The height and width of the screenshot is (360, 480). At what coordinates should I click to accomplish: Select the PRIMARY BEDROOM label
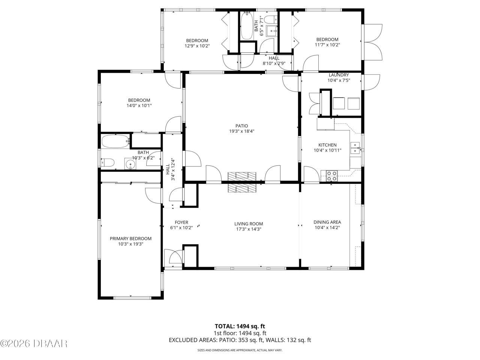(x=130, y=238)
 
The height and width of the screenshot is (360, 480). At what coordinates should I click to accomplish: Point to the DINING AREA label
(x=327, y=222)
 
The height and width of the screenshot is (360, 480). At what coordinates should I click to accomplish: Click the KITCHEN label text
(x=327, y=145)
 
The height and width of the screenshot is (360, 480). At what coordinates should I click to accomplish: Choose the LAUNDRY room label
(x=339, y=75)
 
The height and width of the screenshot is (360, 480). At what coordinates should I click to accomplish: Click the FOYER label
(x=181, y=222)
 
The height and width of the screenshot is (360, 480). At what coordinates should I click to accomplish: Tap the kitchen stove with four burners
(x=331, y=175)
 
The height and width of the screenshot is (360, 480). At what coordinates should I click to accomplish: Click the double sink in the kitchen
(x=355, y=148)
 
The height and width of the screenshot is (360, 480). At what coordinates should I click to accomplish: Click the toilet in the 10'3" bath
(x=108, y=163)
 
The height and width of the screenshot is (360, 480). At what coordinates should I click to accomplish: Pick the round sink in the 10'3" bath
(x=130, y=164)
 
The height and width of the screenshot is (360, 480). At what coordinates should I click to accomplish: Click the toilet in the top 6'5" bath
(x=270, y=19)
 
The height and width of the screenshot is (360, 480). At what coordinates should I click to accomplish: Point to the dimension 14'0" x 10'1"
(x=139, y=106)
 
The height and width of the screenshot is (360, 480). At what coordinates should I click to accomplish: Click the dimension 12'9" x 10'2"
(x=197, y=46)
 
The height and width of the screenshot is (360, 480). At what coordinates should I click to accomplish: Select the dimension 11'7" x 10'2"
(x=327, y=45)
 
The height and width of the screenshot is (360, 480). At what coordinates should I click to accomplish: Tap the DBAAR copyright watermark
(x=34, y=343)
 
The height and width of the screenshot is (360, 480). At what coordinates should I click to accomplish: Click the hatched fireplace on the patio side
(x=242, y=176)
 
